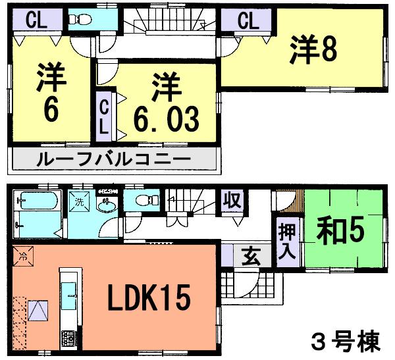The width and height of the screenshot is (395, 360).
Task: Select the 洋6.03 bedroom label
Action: pyautogui.click(x=166, y=103)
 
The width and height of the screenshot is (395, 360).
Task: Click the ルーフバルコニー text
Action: pyautogui.click(x=113, y=159)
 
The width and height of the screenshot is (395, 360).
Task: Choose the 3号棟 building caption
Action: pyautogui.click(x=345, y=340)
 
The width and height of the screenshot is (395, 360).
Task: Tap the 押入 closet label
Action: pyautogui.click(x=288, y=242)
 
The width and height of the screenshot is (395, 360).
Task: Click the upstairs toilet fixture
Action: pyautogui.click(x=82, y=20)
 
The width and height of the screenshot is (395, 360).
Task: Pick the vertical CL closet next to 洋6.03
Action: pyautogui.click(x=105, y=116)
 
